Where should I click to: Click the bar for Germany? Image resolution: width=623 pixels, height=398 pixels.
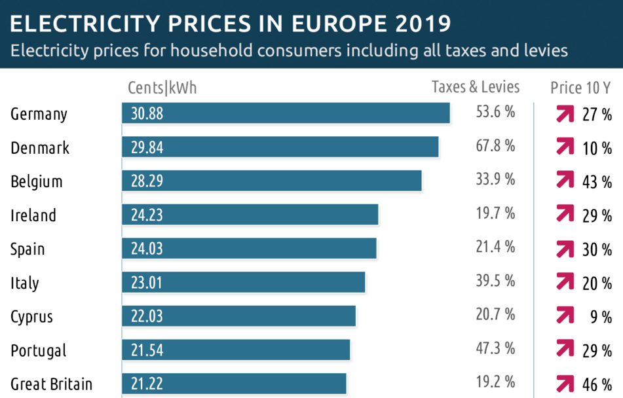pyautogui.click(x=286, y=113)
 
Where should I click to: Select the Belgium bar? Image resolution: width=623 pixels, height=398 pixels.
pyautogui.click(x=271, y=181)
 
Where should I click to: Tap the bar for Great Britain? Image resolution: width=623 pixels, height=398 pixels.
pyautogui.click(x=234, y=384)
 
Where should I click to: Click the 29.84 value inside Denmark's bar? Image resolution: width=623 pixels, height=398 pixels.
pyautogui.click(x=147, y=147)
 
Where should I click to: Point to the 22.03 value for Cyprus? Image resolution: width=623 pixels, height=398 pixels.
pyautogui.click(x=147, y=316)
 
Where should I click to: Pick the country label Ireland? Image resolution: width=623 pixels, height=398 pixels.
pyautogui.click(x=33, y=215)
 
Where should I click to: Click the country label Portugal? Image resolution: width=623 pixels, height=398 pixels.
pyautogui.click(x=39, y=350)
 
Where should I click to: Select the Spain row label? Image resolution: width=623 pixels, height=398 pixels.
pyautogui.click(x=28, y=249)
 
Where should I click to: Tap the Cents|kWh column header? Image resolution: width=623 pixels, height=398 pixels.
pyautogui.click(x=162, y=88)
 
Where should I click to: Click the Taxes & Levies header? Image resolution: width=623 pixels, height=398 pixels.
pyautogui.click(x=476, y=87)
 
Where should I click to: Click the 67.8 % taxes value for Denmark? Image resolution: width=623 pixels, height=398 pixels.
pyautogui.click(x=495, y=145)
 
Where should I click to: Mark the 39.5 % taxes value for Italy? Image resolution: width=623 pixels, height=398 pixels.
pyautogui.click(x=495, y=281)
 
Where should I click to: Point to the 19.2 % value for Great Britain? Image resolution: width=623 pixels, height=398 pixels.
pyautogui.click(x=495, y=382)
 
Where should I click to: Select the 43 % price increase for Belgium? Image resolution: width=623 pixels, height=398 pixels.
pyautogui.click(x=597, y=182)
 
